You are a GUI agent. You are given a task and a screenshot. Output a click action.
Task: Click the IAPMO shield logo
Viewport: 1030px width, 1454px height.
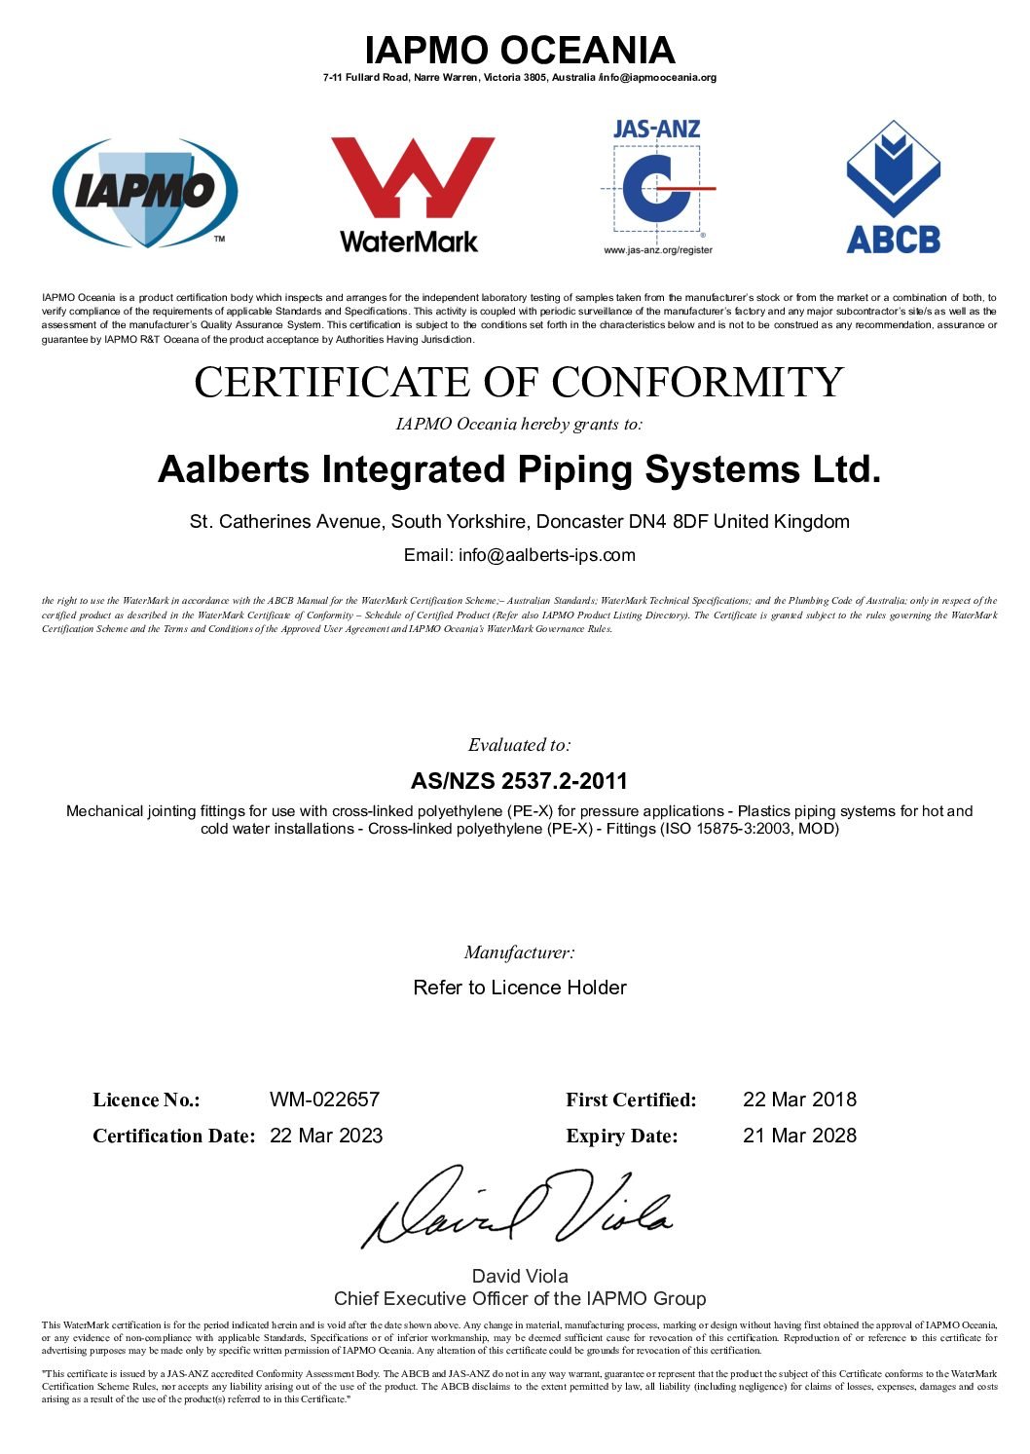pos(144,192)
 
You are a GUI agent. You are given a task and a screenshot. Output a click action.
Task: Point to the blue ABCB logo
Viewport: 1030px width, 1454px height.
pos(893,187)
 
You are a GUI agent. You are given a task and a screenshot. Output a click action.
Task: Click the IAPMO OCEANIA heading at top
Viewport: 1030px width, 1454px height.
pos(519,51)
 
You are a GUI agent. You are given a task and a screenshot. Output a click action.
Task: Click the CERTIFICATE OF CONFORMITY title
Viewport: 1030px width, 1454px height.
pos(519,382)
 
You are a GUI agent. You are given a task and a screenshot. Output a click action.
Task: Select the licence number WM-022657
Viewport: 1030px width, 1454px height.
pos(324,1100)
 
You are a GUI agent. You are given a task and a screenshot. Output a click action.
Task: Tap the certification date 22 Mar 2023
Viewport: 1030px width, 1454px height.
pos(326,1136)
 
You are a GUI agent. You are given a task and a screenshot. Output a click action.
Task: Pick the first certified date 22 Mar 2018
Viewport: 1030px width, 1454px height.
pos(799,1100)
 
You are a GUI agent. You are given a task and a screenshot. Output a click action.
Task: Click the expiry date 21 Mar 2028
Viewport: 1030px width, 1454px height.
pos(799,1136)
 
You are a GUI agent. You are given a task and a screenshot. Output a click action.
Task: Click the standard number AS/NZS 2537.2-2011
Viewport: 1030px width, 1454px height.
pos(519,781)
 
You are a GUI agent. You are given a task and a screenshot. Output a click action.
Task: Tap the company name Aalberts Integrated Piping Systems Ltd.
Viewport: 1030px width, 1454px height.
pos(519,469)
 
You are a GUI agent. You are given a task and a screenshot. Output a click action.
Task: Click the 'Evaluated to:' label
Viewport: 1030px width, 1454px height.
pos(519,745)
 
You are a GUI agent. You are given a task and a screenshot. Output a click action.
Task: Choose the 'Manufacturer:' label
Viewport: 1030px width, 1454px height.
pos(519,952)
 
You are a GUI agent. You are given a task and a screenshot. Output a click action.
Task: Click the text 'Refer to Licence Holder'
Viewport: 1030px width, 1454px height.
pos(519,988)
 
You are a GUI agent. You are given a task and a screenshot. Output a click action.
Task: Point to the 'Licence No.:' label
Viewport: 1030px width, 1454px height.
pos(146,1100)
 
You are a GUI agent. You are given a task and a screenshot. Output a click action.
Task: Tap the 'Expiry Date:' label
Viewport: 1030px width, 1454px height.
pos(621,1137)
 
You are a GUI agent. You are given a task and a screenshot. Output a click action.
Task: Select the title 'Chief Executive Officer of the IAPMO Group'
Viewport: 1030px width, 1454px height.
pos(519,1298)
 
